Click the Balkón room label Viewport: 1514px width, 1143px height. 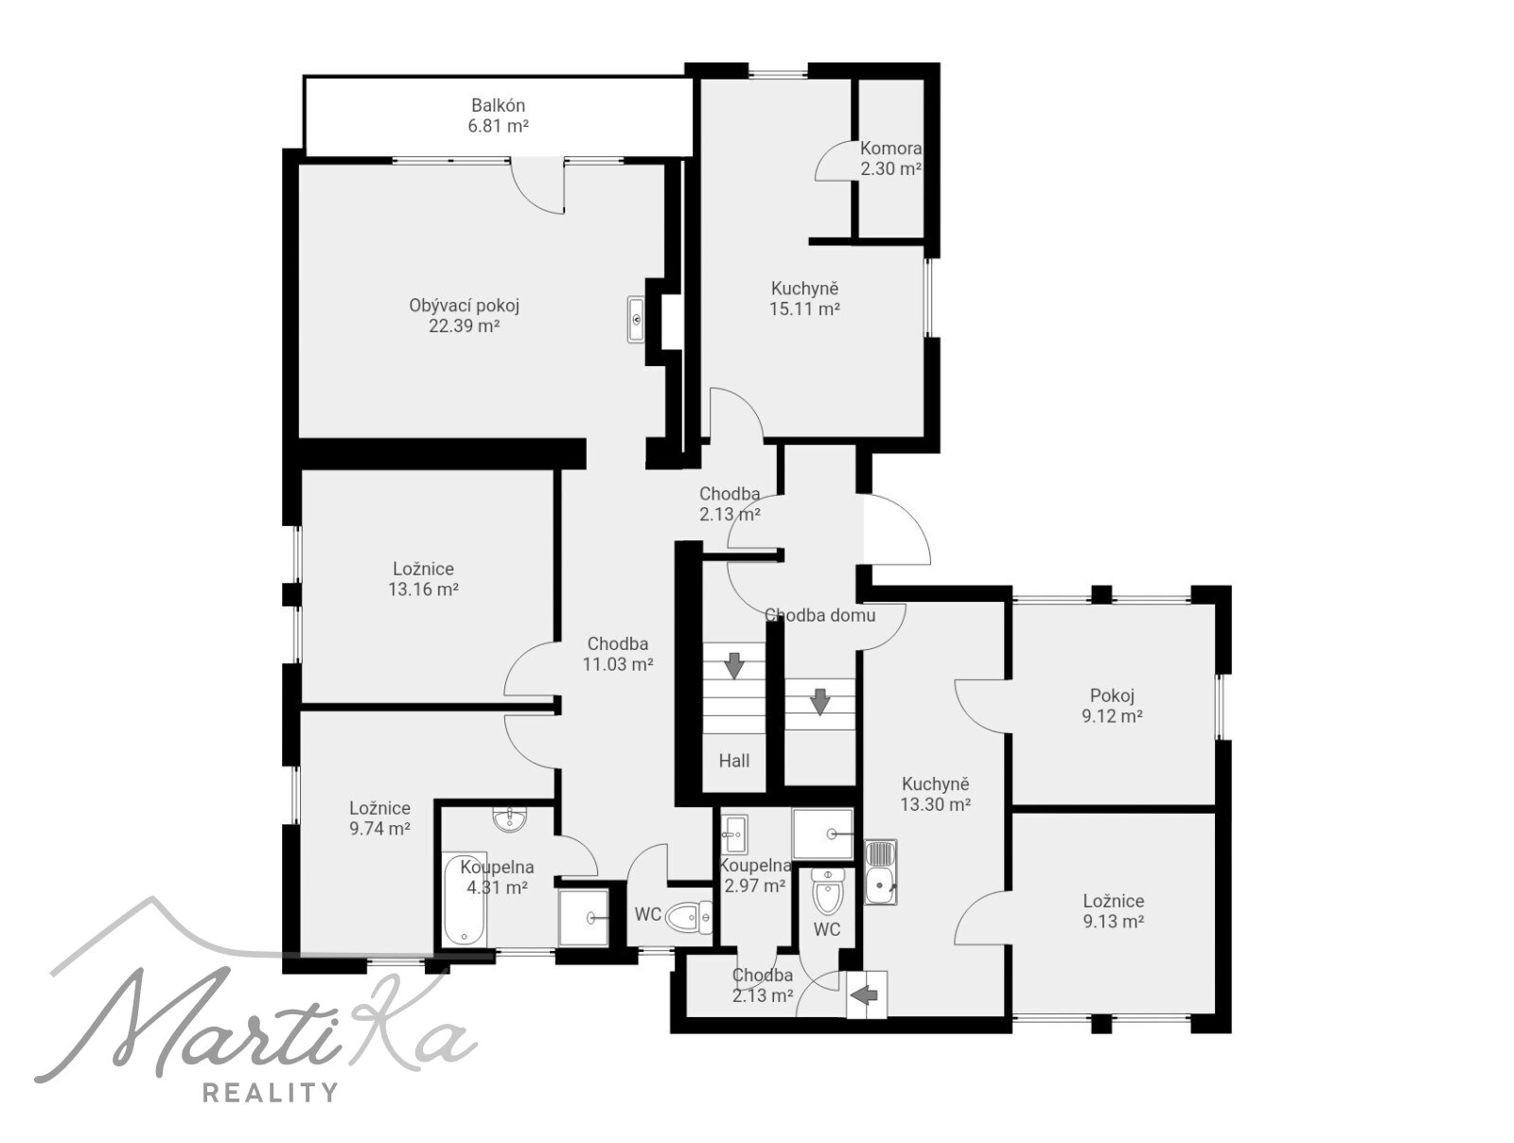498,115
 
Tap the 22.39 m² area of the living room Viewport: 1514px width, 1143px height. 465,326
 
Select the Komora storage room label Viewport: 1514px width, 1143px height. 890,159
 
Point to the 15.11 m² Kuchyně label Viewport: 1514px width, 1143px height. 804,298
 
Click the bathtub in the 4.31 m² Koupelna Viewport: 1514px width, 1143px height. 465,901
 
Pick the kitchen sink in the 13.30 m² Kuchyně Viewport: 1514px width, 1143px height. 881,871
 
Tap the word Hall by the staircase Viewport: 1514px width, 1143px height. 734,761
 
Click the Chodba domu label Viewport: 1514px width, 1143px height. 820,616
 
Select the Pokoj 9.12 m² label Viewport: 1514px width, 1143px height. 1112,706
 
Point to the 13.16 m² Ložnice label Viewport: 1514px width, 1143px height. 424,579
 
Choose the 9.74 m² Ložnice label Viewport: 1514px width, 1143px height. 380,818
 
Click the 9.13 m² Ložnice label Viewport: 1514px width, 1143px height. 1113,910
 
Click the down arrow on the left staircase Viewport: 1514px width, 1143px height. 734,665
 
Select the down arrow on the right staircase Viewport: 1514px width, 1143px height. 819,702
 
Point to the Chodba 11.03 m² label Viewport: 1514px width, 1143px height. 618,654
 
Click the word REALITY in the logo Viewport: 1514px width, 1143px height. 271,1092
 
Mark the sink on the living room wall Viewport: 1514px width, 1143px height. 636,319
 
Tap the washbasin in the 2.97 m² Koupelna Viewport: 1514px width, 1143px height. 734,834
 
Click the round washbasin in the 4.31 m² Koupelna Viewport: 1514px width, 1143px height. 510,819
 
